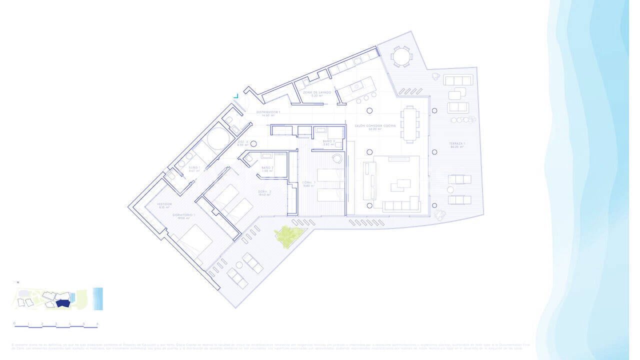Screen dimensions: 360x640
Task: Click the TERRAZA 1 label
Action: [457, 145]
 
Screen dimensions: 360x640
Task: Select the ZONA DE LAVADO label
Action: [317, 93]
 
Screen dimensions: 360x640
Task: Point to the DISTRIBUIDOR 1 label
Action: [268, 113]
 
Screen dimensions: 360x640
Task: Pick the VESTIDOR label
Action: [164, 205]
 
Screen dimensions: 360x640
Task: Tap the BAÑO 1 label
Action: [194, 169]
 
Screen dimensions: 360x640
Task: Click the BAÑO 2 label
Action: [267, 169]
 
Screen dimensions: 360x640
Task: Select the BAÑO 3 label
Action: [328, 142]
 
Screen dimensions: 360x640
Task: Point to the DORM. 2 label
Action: [264, 193]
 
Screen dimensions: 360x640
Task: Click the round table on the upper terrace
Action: [400, 56]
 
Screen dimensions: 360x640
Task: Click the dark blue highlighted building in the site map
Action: [62, 303]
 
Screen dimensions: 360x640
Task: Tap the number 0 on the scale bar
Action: [14, 323]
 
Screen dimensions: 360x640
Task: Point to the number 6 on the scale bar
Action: [97, 323]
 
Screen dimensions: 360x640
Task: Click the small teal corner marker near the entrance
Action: [235, 95]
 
